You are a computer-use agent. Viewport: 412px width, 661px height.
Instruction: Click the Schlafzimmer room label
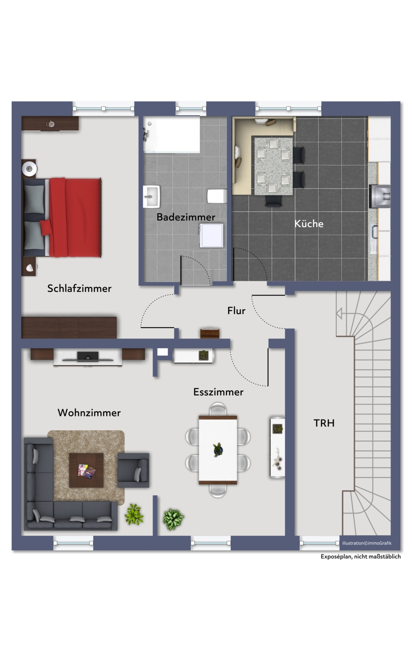(80, 288)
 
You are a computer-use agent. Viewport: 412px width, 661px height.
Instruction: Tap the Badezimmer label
(186, 217)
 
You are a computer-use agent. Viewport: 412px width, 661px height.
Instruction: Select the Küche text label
(309, 224)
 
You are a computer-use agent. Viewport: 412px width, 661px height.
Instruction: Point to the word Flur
(236, 311)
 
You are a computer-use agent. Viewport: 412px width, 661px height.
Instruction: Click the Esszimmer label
(219, 392)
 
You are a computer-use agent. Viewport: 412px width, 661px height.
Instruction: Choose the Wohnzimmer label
(89, 413)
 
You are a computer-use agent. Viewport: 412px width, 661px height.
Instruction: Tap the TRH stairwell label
(324, 423)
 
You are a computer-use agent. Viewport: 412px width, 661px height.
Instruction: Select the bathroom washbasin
(151, 197)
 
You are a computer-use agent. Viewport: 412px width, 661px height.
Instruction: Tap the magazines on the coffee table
(87, 471)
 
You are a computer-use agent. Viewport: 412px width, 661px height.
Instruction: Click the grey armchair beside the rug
(134, 470)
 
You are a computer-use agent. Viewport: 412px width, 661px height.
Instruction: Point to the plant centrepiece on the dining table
(218, 450)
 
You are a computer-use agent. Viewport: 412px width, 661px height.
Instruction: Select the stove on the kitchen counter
(380, 197)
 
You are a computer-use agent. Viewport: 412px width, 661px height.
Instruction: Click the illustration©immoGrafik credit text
(367, 543)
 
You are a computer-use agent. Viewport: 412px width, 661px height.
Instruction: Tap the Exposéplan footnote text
(361, 557)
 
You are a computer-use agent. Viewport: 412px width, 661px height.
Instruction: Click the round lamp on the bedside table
(29, 169)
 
